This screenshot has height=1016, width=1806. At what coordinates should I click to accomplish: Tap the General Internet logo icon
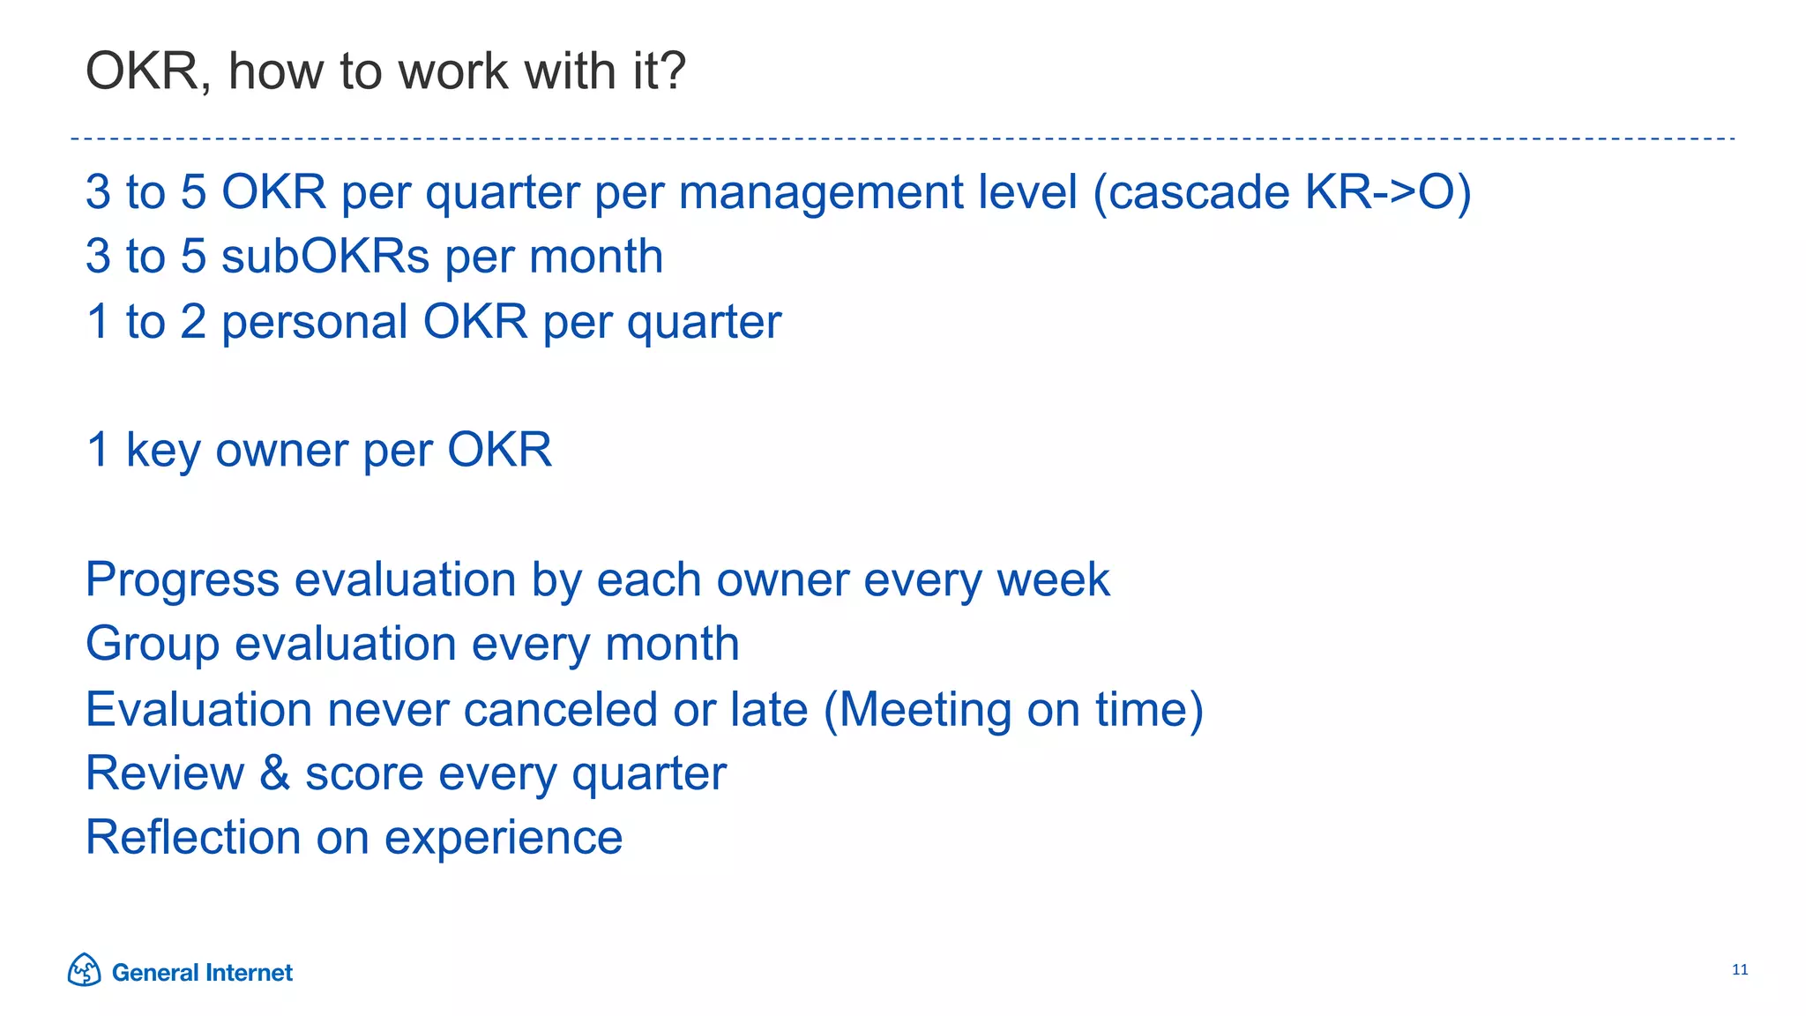(84, 970)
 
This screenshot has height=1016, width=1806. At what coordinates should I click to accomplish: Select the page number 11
(1739, 970)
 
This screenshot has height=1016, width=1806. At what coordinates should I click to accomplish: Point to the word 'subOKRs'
(325, 257)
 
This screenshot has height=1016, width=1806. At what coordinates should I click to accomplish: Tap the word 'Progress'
(182, 581)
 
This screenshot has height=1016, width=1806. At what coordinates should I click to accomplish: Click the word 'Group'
(153, 645)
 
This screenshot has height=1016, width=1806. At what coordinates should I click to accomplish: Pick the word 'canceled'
(560, 709)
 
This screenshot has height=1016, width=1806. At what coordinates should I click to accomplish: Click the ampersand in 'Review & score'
(274, 773)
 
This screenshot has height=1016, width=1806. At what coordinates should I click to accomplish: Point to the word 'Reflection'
(193, 838)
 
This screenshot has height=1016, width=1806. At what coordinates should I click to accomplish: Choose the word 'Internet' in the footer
(249, 972)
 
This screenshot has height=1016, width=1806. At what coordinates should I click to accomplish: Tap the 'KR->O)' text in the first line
(1388, 192)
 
